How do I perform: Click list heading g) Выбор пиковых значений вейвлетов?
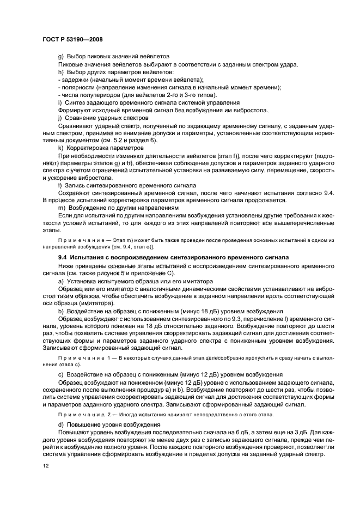click(x=114, y=57)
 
